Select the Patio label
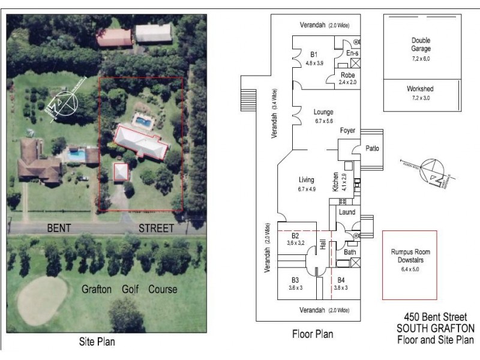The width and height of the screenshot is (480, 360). (373, 149)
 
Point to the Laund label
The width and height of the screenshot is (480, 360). (347, 212)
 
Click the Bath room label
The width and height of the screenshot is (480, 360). (350, 253)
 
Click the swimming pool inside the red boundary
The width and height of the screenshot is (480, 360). (143, 122)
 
